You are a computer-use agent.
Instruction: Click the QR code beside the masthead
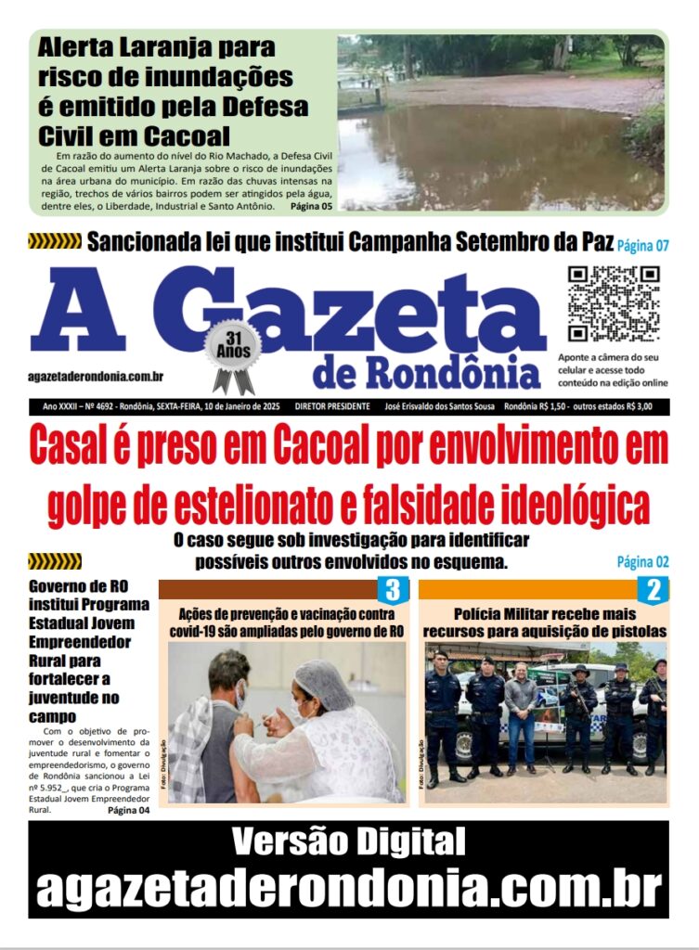click(613, 303)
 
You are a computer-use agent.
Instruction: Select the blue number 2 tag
click(653, 590)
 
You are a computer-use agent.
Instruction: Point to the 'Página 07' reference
click(643, 246)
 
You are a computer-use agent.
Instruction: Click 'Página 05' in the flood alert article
click(311, 206)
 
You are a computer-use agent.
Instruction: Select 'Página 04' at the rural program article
click(128, 809)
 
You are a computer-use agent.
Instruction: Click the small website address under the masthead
click(97, 376)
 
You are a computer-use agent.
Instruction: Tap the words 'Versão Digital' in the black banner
click(348, 842)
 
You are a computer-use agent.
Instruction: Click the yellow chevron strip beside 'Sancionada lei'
click(55, 242)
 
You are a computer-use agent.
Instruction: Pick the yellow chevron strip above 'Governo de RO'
click(55, 561)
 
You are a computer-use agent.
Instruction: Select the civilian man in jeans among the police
click(520, 714)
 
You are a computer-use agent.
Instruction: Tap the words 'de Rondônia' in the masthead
click(426, 372)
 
